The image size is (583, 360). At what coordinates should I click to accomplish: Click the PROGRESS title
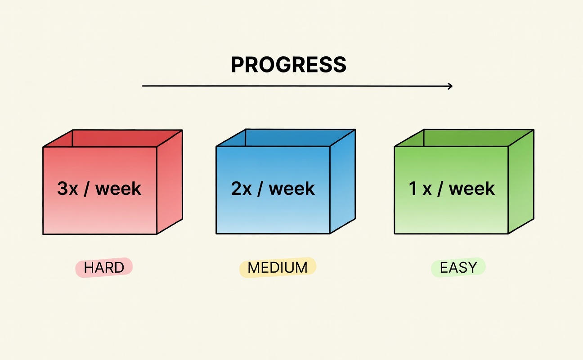(289, 64)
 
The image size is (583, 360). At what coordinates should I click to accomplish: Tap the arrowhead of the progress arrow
(450, 86)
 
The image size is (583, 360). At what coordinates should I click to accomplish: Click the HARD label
(104, 267)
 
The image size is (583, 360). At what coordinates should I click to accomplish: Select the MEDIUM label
(278, 267)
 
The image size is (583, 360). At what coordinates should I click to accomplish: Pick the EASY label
(458, 267)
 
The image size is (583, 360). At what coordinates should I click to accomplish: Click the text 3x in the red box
(67, 188)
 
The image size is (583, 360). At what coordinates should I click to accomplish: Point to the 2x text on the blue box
(241, 188)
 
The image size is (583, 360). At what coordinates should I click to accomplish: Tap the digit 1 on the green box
(413, 188)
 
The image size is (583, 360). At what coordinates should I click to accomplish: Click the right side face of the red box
(170, 182)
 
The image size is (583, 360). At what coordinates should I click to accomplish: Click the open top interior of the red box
(115, 138)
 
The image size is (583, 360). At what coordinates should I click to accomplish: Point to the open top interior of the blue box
(287, 138)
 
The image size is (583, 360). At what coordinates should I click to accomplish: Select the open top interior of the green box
(466, 138)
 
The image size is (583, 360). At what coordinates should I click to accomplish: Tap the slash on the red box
(87, 188)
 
